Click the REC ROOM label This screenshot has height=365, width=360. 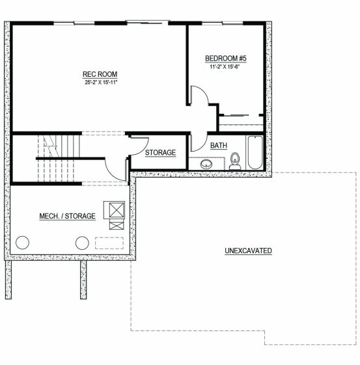pyautogui.click(x=100, y=74)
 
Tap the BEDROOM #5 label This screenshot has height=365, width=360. pyautogui.click(x=226, y=59)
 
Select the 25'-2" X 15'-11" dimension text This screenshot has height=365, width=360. pyautogui.click(x=101, y=82)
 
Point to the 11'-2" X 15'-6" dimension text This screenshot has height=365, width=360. pyautogui.click(x=225, y=67)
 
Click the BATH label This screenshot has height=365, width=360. pyautogui.click(x=219, y=146)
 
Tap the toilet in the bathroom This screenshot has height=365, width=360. pyautogui.click(x=235, y=161)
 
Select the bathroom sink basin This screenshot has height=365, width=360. pyautogui.click(x=206, y=164)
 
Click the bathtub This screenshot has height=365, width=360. pyautogui.click(x=255, y=152)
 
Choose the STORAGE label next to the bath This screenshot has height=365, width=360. pyautogui.click(x=160, y=153)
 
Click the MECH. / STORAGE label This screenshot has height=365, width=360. pyautogui.click(x=67, y=216)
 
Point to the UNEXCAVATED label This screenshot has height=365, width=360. pyautogui.click(x=248, y=251)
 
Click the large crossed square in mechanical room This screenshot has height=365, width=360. pyautogui.click(x=117, y=210)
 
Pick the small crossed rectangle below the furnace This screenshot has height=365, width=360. pyautogui.click(x=117, y=226)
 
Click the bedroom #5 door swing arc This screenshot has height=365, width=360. pyautogui.click(x=203, y=91)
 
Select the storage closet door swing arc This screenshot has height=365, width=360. pyautogui.click(x=145, y=149)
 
